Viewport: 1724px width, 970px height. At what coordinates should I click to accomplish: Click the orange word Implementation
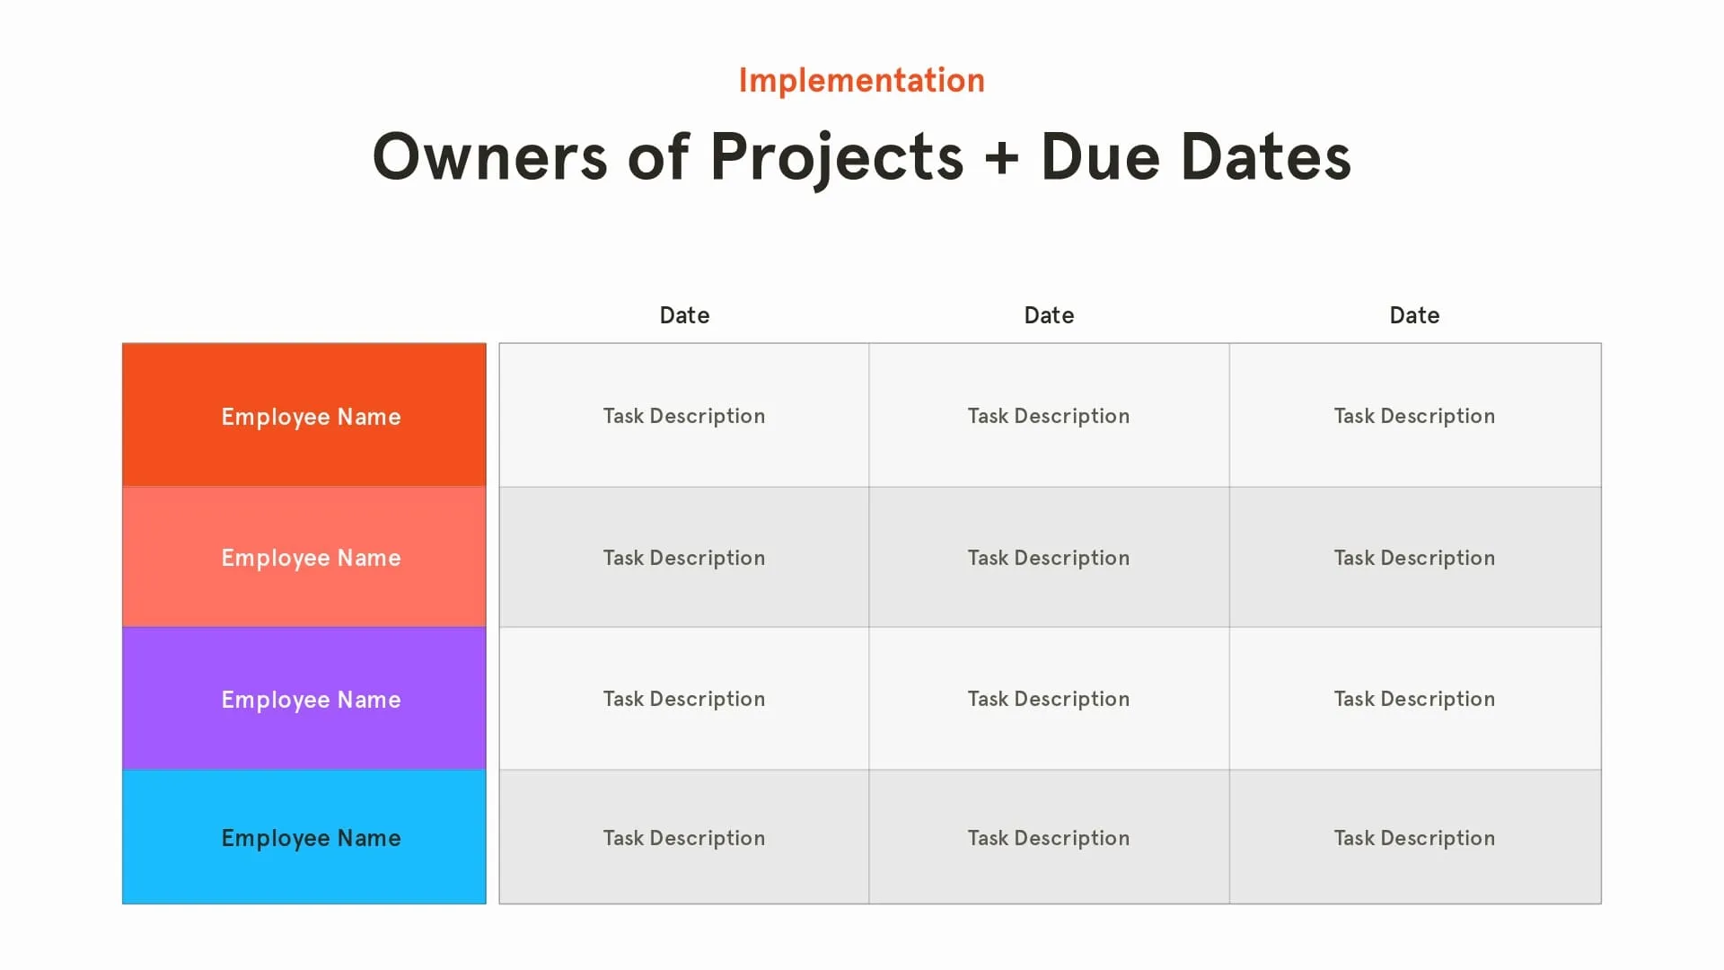pyautogui.click(x=861, y=81)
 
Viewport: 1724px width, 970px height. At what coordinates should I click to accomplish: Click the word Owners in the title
pyautogui.click(x=489, y=157)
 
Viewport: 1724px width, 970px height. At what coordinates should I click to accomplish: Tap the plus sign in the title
pyautogui.click(x=1001, y=158)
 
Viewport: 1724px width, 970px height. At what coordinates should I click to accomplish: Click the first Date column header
pyautogui.click(x=684, y=315)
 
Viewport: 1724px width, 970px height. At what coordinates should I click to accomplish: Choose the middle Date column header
pyautogui.click(x=1049, y=315)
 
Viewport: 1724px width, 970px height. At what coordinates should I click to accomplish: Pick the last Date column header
pyautogui.click(x=1414, y=315)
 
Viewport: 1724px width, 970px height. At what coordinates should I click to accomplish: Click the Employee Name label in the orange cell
pyautogui.click(x=311, y=417)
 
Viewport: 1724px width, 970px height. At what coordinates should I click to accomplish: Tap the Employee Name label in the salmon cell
pyautogui.click(x=311, y=558)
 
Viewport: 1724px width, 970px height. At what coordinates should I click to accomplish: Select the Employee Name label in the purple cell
pyautogui.click(x=311, y=700)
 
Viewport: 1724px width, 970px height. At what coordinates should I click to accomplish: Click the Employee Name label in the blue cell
pyautogui.click(x=311, y=838)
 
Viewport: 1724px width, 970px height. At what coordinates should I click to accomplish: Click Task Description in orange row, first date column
pyautogui.click(x=684, y=416)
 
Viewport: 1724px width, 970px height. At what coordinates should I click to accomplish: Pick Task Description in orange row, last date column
pyautogui.click(x=1414, y=416)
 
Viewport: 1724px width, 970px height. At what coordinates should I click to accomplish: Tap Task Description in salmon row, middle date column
pyautogui.click(x=1049, y=558)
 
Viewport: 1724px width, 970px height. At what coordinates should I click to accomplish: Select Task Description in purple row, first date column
pyautogui.click(x=684, y=699)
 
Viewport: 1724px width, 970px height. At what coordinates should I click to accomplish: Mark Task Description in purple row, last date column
pyautogui.click(x=1414, y=699)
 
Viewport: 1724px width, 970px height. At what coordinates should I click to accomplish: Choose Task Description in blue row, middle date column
pyautogui.click(x=1049, y=838)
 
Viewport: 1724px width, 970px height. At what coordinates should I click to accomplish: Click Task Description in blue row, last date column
pyautogui.click(x=1414, y=838)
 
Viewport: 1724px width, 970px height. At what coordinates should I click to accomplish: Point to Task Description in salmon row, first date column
pyautogui.click(x=684, y=558)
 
